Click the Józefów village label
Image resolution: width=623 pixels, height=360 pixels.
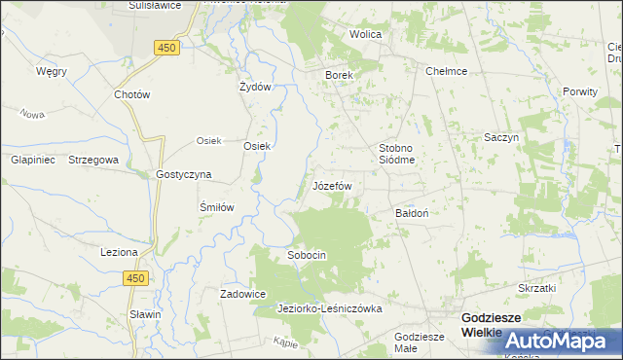pos(331,185)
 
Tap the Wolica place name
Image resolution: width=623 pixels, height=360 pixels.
pos(366,34)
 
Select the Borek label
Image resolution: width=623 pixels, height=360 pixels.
pos(338,74)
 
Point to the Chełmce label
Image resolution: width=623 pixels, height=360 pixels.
pos(447,71)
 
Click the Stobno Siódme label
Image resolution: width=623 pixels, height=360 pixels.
pos(397,154)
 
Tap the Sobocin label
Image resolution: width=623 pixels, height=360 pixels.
pos(306,255)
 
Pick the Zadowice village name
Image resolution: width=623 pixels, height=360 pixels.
pos(243,293)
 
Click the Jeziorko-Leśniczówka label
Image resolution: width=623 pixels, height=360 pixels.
pos(330,308)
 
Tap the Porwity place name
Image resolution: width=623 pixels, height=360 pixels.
pos(580,90)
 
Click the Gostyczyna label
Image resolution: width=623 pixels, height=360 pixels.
pos(184,174)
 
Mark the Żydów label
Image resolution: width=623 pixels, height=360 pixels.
pos(254,86)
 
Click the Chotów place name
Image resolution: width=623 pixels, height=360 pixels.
pos(131,95)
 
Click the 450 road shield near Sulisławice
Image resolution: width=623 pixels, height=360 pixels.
pos(165,47)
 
